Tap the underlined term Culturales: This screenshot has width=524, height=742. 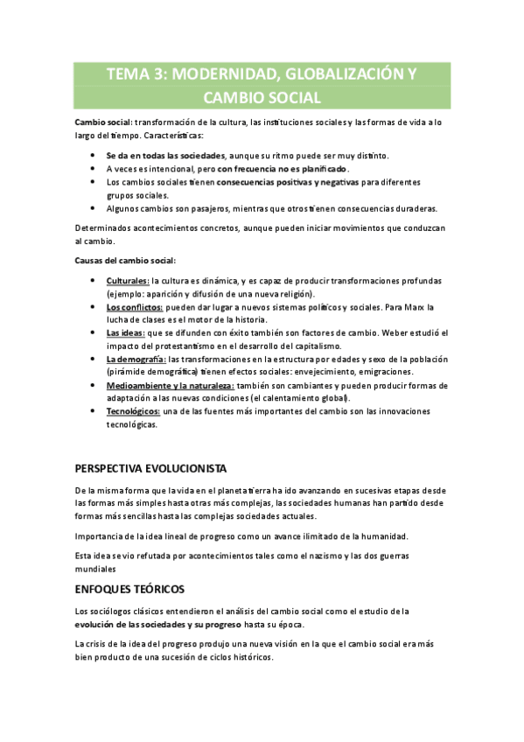[x=128, y=280]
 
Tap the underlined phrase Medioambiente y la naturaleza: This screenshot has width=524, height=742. [x=171, y=385]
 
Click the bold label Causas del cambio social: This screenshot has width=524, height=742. [x=125, y=260]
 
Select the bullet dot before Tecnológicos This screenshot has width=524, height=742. [x=94, y=410]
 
